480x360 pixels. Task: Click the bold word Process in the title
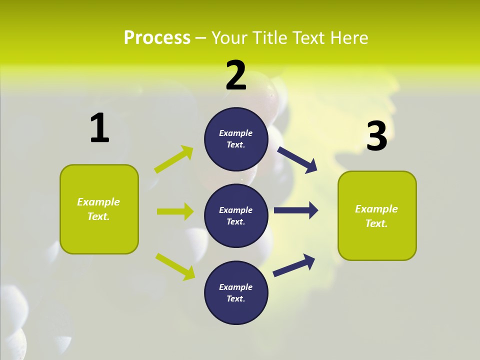click(157, 38)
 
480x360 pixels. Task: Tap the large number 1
click(99, 128)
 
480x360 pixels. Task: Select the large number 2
click(236, 75)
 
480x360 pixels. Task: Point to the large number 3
click(376, 136)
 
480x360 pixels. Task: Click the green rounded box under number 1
click(99, 209)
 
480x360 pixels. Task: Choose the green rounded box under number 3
click(377, 215)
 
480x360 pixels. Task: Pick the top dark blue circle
click(236, 139)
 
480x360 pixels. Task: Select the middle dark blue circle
click(236, 215)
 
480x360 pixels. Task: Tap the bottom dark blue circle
click(236, 292)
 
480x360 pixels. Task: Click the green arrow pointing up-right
click(174, 159)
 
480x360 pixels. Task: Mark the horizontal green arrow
click(175, 211)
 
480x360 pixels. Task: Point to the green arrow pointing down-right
click(175, 266)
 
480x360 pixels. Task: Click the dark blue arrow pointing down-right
click(297, 160)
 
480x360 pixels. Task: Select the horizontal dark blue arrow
click(295, 210)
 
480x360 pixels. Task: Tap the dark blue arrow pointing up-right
click(294, 265)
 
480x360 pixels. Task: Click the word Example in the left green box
click(98, 202)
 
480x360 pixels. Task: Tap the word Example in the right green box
click(376, 209)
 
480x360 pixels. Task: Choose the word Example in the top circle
click(236, 133)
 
